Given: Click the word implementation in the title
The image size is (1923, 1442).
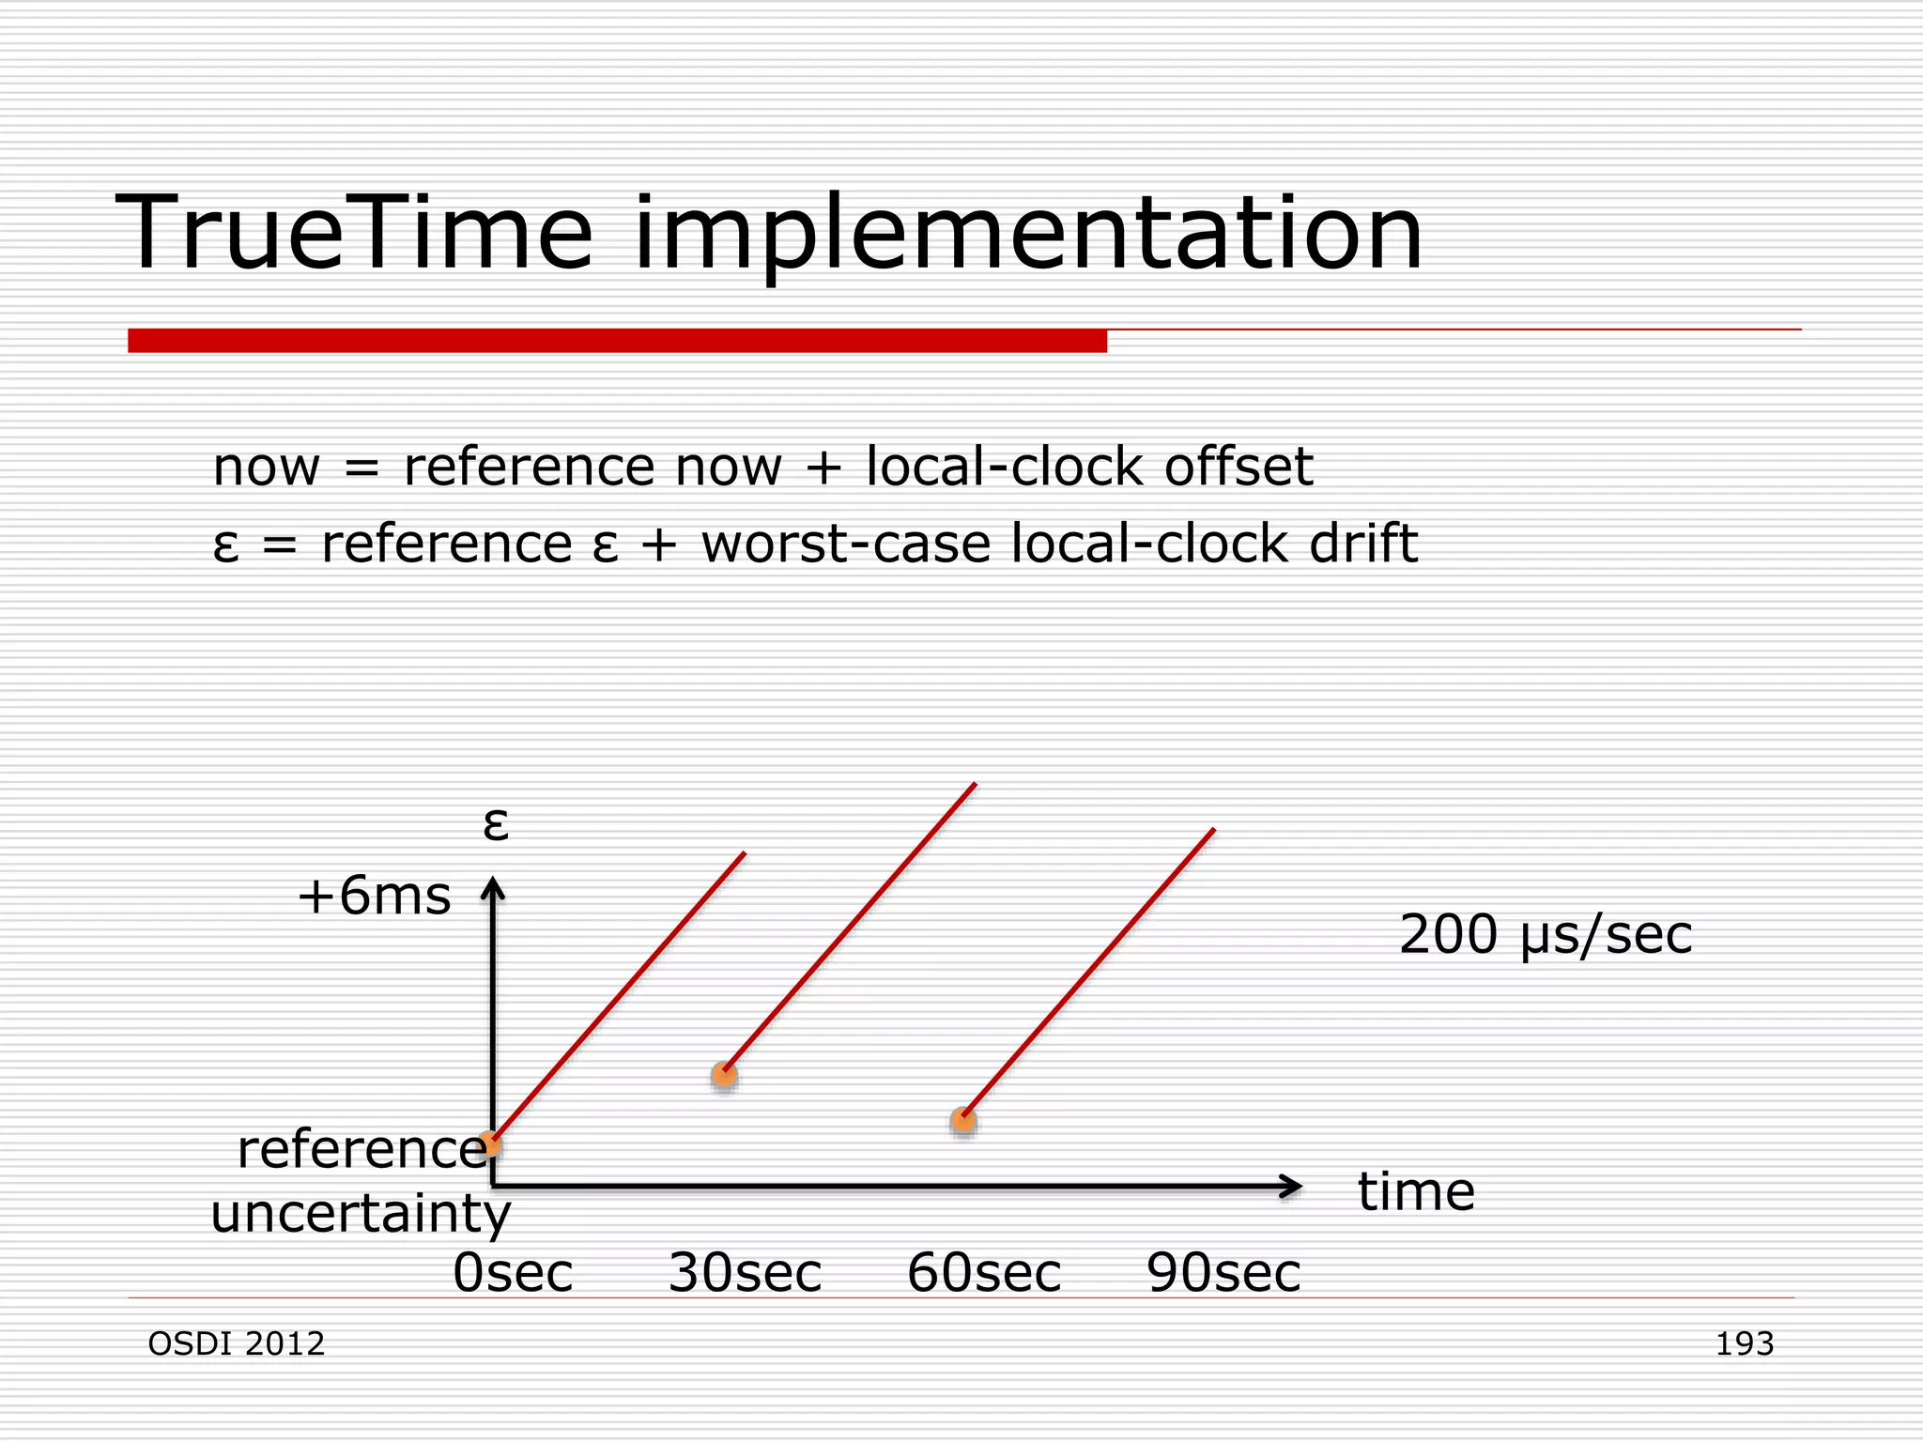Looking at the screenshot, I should pyautogui.click(x=1028, y=235).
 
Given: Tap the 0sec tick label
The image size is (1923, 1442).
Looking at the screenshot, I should pyautogui.click(x=513, y=1273).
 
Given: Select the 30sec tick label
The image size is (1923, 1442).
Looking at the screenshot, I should pyautogui.click(x=745, y=1273).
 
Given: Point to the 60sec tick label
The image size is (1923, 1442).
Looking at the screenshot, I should pyautogui.click(x=984, y=1273).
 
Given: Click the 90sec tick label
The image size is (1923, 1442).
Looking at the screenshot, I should pyautogui.click(x=1223, y=1273).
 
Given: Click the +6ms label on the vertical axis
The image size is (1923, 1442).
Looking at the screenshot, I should pyautogui.click(x=374, y=896).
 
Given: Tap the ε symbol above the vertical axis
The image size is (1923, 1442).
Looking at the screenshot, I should pyautogui.click(x=495, y=824).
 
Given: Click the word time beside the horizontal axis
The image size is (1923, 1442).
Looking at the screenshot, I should pyautogui.click(x=1416, y=1192).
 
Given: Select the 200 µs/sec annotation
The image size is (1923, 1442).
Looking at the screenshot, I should pyautogui.click(x=1545, y=935).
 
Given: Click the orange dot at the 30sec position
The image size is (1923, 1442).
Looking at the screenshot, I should pyautogui.click(x=724, y=1075).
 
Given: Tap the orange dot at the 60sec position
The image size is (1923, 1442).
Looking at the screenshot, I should pyautogui.click(x=963, y=1120).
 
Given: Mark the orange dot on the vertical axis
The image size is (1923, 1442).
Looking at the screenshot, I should pyautogui.click(x=489, y=1144).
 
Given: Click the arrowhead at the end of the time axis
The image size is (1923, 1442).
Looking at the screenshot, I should pyautogui.click(x=1293, y=1187).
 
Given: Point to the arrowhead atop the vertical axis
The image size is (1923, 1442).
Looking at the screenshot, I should pyautogui.click(x=493, y=887).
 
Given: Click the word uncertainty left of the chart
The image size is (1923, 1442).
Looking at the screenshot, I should pyautogui.click(x=361, y=1214).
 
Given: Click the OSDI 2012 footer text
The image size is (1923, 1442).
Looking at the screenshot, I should pyautogui.click(x=237, y=1343).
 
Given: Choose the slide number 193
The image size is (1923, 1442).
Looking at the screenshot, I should pyautogui.click(x=1744, y=1343).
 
